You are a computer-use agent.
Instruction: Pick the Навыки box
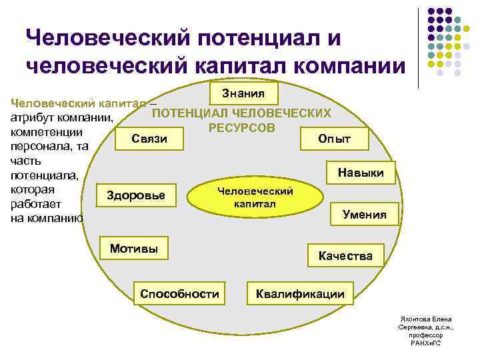pos(361,173)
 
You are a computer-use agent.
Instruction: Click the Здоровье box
pos(136,195)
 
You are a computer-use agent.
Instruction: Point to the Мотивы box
pos(134,249)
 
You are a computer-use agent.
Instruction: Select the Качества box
pos(345,256)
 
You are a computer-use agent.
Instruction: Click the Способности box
pos(179,294)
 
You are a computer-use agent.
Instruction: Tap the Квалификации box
pos(300,294)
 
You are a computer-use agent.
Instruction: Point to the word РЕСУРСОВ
pos(241,127)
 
